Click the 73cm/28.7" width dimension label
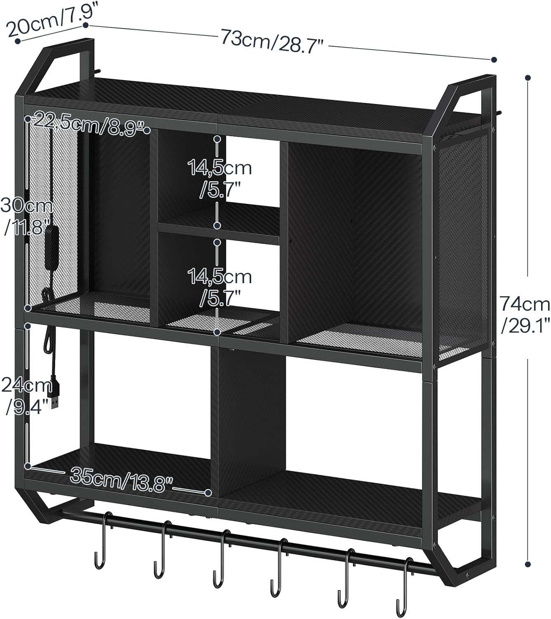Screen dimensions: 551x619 tap(271, 40)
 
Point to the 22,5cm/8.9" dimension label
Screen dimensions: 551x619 tap(89, 124)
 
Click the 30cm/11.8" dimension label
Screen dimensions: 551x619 tap(26, 216)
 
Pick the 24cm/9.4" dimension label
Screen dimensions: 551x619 tap(27, 396)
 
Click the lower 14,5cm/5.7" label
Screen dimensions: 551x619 tap(219, 287)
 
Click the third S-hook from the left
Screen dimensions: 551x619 tap(221, 562)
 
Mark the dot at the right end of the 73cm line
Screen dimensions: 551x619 tap(494, 59)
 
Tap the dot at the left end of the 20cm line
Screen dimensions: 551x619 tap(18, 40)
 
